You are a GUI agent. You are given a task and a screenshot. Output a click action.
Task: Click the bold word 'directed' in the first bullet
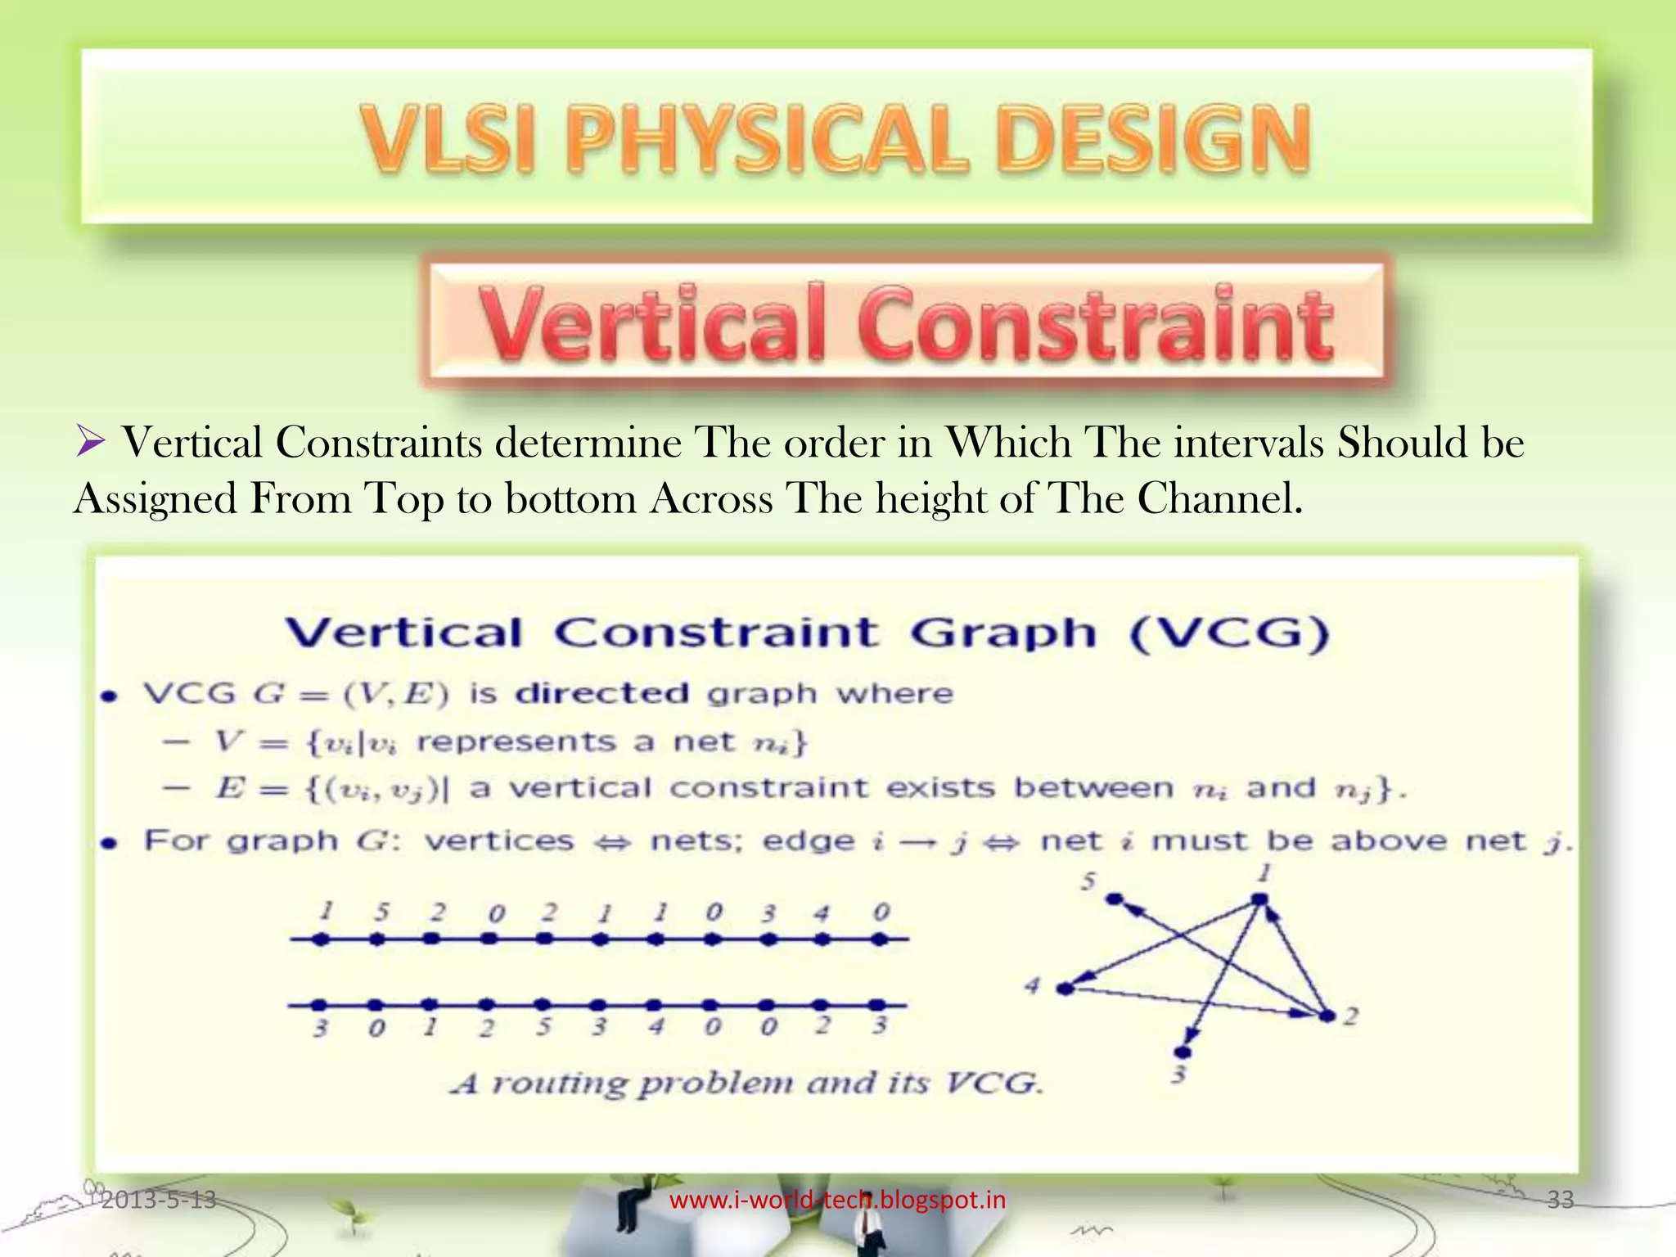pos(603,694)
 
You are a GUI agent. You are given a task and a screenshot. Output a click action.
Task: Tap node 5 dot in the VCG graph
pos(1115,899)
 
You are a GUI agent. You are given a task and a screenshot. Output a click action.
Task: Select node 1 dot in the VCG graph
pos(1260,900)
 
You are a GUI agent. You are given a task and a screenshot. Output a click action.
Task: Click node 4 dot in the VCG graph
pos(1065,989)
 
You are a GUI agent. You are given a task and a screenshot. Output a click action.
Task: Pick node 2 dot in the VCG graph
pos(1327,1016)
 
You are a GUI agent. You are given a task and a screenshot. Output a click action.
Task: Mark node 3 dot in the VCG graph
pos(1183,1052)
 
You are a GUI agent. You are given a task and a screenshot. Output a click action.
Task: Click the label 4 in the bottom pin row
pos(656,1026)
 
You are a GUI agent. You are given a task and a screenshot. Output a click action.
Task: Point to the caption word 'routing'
pos(559,1084)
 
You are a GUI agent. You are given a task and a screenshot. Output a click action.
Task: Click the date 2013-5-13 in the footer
pos(159,1200)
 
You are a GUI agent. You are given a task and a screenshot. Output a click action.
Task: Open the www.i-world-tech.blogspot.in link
pos(837,1200)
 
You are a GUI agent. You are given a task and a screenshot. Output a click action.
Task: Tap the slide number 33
pos(1561,1200)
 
